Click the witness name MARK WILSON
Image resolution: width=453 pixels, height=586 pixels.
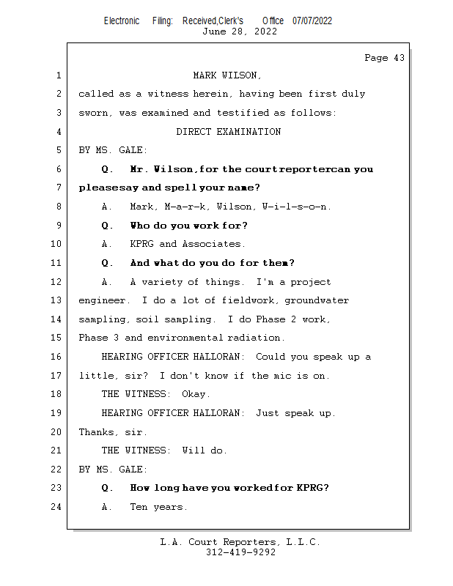click(227, 75)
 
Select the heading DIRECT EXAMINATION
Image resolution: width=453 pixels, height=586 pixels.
click(228, 132)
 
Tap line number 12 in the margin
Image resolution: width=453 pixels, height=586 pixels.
click(57, 282)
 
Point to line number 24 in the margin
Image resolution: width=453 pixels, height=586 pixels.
click(57, 507)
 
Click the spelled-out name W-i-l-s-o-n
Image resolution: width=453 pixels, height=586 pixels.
click(296, 207)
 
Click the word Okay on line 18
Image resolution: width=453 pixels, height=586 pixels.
click(196, 394)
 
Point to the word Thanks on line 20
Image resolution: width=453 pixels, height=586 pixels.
click(96, 432)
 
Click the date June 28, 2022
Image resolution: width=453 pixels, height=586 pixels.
click(239, 31)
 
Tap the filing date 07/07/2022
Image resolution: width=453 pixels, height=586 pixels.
click(312, 21)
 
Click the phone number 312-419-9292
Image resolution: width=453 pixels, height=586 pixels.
click(240, 552)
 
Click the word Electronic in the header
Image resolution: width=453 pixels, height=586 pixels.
click(122, 21)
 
